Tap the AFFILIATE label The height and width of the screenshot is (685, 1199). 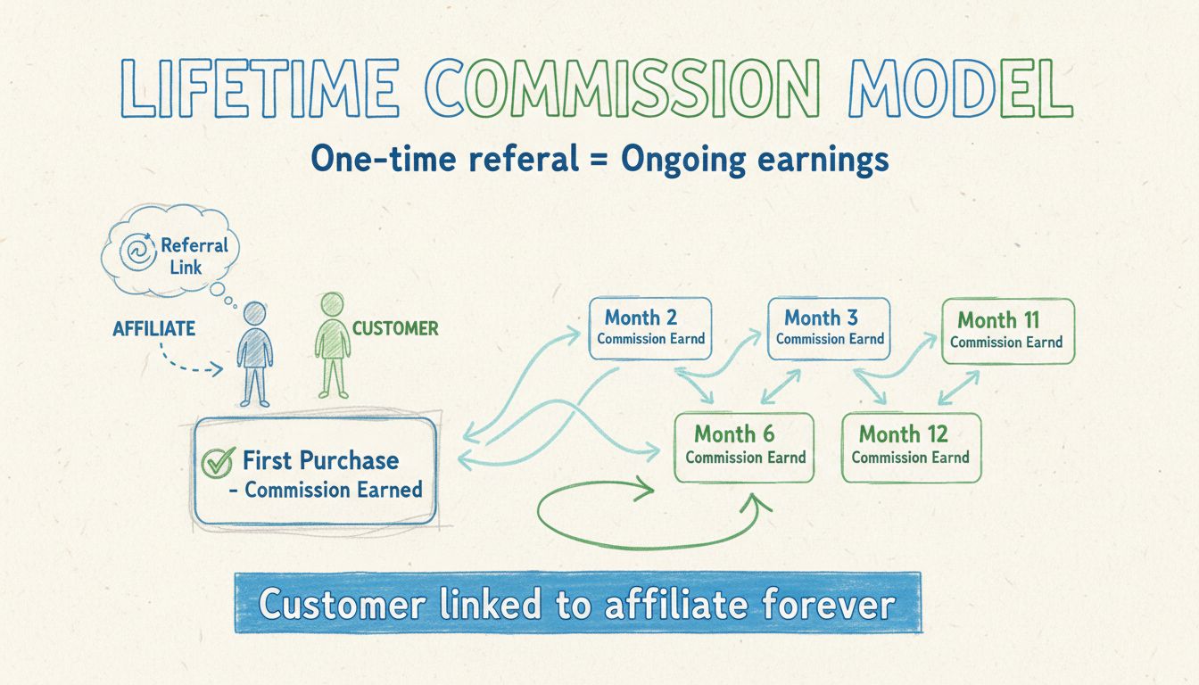coord(153,329)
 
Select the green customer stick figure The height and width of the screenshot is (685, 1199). coord(333,344)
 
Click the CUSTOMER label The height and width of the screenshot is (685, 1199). coord(395,328)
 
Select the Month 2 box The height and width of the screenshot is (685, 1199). coord(650,327)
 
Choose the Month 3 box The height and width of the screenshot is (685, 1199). coord(830,327)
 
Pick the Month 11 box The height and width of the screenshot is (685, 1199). coord(1007,330)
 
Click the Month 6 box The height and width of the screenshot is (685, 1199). coord(744,447)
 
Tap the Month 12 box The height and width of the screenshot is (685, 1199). coord(911,446)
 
